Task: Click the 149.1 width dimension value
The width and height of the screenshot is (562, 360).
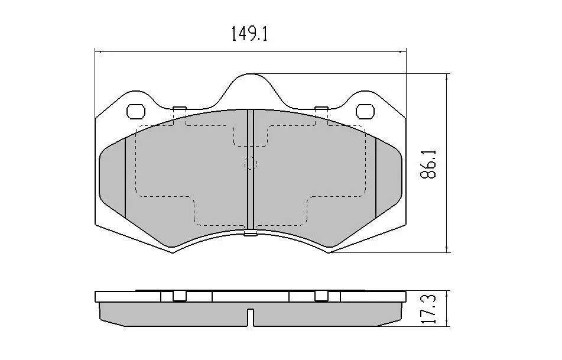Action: pyautogui.click(x=249, y=34)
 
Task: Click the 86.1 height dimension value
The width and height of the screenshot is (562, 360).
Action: pyautogui.click(x=428, y=164)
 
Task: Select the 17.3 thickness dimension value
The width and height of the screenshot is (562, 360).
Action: pyautogui.click(x=428, y=309)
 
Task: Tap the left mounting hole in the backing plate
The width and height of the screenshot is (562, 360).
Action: pyautogui.click(x=136, y=112)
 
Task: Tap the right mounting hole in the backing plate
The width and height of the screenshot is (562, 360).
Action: pyautogui.click(x=365, y=112)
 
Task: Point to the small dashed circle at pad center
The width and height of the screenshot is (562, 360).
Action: pyautogui.click(x=251, y=164)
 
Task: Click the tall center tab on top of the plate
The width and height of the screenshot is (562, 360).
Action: pyautogui.click(x=251, y=90)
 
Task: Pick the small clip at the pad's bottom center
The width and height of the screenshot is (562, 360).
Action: pyautogui.click(x=251, y=234)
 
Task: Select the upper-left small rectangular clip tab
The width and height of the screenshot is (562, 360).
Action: pyautogui.click(x=179, y=109)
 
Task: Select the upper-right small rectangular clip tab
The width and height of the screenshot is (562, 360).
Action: pyautogui.click(x=321, y=109)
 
